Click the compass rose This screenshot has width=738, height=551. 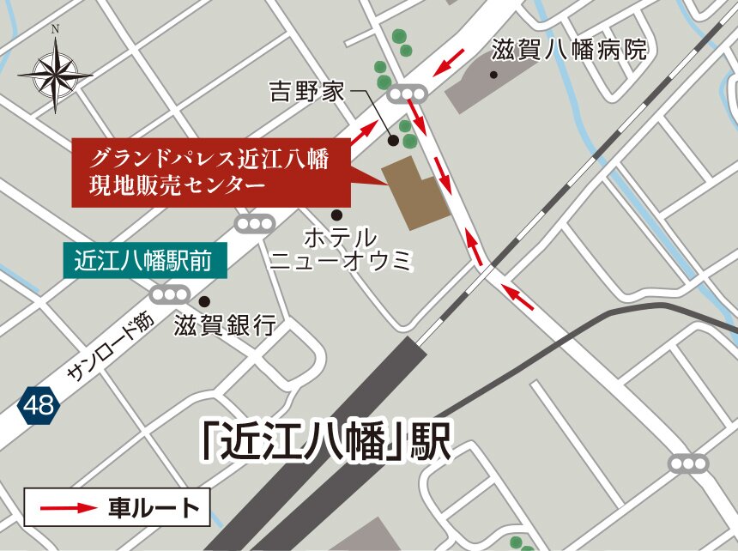[x=56, y=73]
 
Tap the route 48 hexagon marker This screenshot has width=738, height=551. [x=39, y=404]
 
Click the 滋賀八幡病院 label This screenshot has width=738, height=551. [x=568, y=51]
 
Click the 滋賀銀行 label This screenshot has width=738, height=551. [x=224, y=325]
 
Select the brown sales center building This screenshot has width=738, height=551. [x=414, y=194]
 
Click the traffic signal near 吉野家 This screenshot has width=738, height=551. [x=408, y=94]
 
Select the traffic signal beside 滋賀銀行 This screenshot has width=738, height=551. [x=169, y=294]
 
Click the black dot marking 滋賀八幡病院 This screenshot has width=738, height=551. [x=493, y=75]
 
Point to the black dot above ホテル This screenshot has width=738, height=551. [x=336, y=214]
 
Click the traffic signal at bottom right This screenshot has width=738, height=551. [x=688, y=463]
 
